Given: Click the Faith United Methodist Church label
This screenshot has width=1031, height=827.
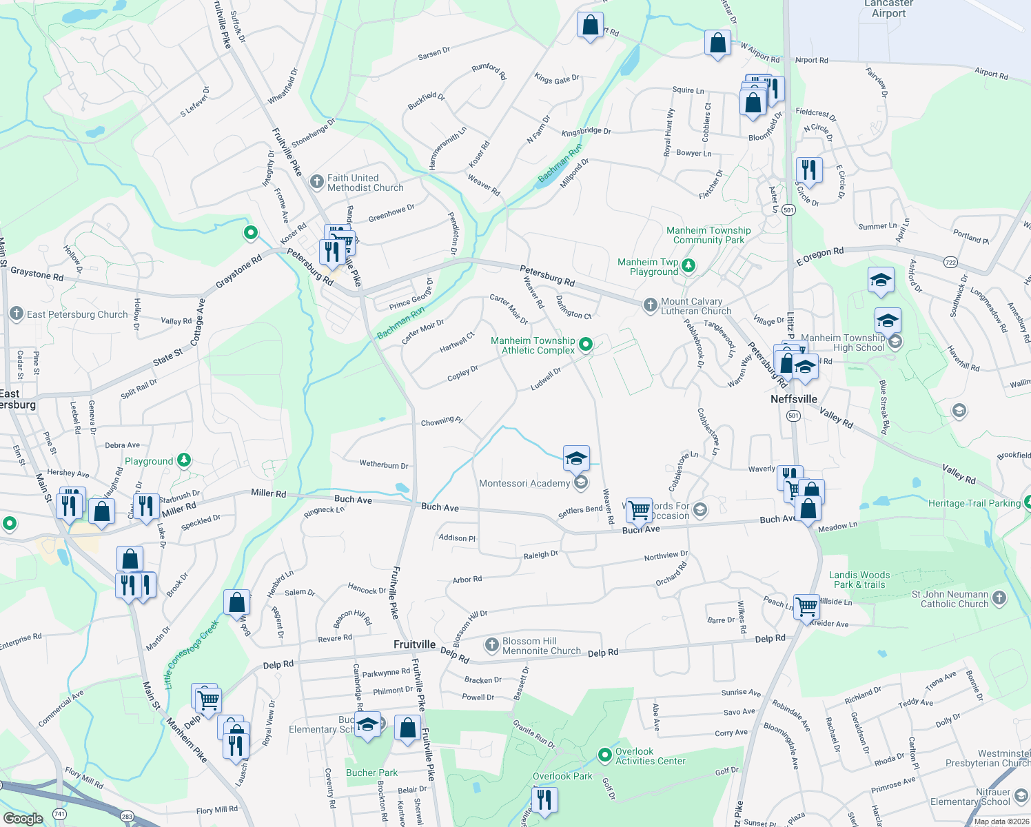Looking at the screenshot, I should pos(365,183).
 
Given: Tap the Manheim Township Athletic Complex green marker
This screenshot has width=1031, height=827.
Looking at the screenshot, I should pos(586,344).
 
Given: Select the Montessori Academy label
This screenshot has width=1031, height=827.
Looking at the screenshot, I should pos(524,483).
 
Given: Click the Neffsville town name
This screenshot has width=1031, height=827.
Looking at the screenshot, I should pos(794,399).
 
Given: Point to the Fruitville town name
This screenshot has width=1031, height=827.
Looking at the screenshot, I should pos(414,644).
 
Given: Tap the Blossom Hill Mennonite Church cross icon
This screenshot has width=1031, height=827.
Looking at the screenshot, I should pos(491,645).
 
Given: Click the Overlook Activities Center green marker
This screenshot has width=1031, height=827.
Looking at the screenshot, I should pos(605,755).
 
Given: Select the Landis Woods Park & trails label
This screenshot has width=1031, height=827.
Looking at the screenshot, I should pos(859,580).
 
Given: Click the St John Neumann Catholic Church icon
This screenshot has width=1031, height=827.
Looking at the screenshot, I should pos(1000,598).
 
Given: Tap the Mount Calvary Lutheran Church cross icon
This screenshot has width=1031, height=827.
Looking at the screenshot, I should pos(650,305).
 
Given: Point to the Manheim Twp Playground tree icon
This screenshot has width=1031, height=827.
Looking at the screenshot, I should pos(688,265).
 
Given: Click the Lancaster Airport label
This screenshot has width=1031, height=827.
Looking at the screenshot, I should pos(888,9).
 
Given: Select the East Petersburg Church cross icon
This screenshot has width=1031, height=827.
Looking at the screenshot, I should pos(17,314).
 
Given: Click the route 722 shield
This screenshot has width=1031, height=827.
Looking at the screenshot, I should pos(951,262).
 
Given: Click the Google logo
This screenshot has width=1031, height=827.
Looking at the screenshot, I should pos(23,819).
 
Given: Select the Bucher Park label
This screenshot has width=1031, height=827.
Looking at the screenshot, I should pos(371,773).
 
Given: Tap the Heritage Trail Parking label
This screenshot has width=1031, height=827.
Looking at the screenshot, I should pos(974,503).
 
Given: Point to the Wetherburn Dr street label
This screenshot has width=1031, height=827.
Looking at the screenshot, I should pos(383,464).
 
